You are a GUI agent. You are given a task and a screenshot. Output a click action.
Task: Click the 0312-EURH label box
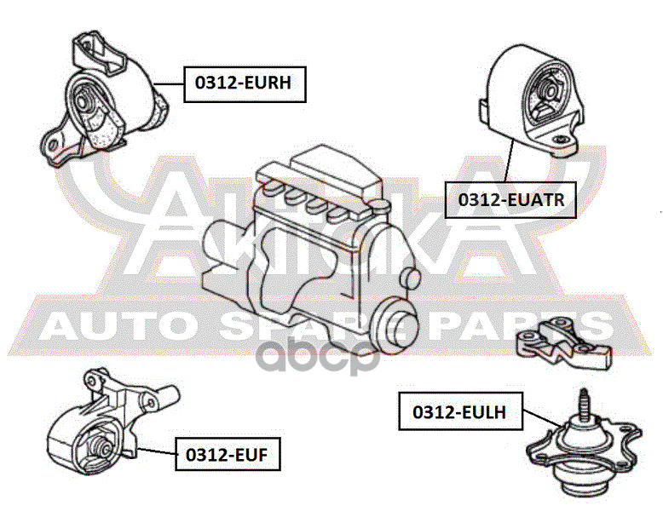tap(244, 83)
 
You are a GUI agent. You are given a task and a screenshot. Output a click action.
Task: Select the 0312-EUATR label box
tap(505, 200)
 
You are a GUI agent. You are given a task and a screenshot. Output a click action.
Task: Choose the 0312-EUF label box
tap(228, 454)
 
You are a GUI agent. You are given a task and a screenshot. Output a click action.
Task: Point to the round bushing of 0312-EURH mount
tap(84, 102)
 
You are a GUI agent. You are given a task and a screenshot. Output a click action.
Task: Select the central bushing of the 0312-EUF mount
tap(96, 446)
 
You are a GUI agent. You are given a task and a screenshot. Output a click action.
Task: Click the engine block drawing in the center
tap(311, 247)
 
